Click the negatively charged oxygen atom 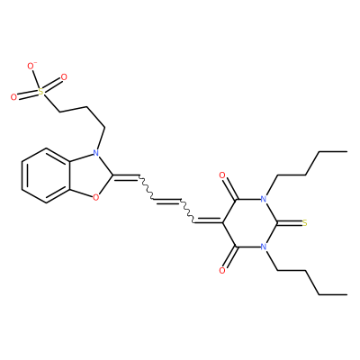tap(31, 66)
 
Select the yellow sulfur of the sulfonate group tap(41, 91)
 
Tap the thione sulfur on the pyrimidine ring tap(305, 223)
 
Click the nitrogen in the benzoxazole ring tap(95, 153)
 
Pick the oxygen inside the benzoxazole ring tap(95, 197)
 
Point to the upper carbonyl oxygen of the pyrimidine tap(222, 175)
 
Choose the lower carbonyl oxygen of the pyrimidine tap(222, 271)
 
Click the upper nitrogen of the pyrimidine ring tap(264, 199)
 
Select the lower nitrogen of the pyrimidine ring tap(264, 247)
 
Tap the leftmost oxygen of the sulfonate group tap(13, 97)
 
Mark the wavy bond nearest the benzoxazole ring tap(146, 186)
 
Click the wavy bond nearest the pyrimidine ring tap(187, 211)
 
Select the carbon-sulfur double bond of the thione tap(289, 223)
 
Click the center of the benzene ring tap(46, 175)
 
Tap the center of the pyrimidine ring tap(249, 223)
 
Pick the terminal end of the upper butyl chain tap(346, 152)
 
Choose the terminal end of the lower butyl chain tap(346, 294)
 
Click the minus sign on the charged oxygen tap(35, 63)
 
